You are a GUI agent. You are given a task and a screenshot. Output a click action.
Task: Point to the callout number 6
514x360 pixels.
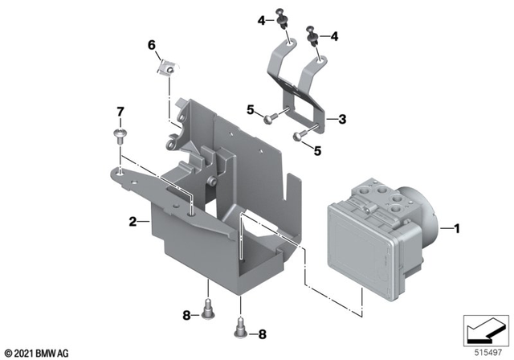click(x=150, y=45)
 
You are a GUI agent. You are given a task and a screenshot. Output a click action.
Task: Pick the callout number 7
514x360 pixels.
click(x=121, y=111)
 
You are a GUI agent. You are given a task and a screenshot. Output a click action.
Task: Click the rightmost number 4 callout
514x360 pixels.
click(x=335, y=36)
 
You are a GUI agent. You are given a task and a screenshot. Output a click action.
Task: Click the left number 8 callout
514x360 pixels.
click(x=186, y=315)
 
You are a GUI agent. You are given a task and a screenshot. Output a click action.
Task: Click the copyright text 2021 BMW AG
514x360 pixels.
click(x=37, y=352)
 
